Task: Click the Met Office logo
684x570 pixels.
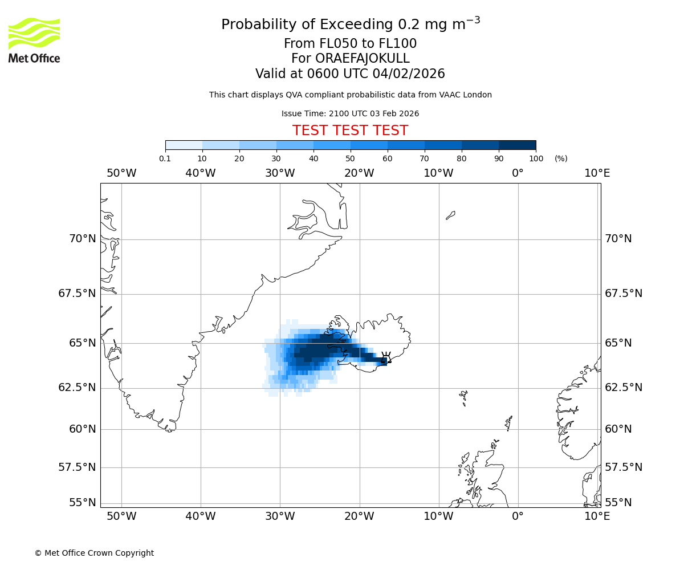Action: click(34, 40)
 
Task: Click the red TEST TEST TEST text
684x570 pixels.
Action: click(350, 131)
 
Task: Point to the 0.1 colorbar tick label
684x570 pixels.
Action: click(165, 158)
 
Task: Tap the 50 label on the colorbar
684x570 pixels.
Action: click(350, 158)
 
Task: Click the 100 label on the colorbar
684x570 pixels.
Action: click(536, 158)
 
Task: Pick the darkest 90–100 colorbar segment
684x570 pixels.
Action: click(517, 145)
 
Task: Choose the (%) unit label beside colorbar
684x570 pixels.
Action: click(561, 158)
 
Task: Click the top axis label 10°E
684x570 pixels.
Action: click(597, 173)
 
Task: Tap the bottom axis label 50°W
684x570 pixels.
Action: click(121, 516)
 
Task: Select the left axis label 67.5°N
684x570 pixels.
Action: click(77, 294)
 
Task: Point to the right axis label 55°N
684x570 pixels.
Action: click(618, 502)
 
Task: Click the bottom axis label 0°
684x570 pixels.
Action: click(518, 516)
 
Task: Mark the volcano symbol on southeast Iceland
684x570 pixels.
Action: click(386, 357)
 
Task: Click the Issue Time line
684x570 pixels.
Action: click(350, 113)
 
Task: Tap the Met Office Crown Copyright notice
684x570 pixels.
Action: click(94, 553)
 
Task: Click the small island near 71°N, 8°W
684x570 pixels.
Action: click(450, 215)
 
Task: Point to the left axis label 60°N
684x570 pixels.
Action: click(83, 429)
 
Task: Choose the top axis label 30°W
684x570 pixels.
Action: click(280, 173)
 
